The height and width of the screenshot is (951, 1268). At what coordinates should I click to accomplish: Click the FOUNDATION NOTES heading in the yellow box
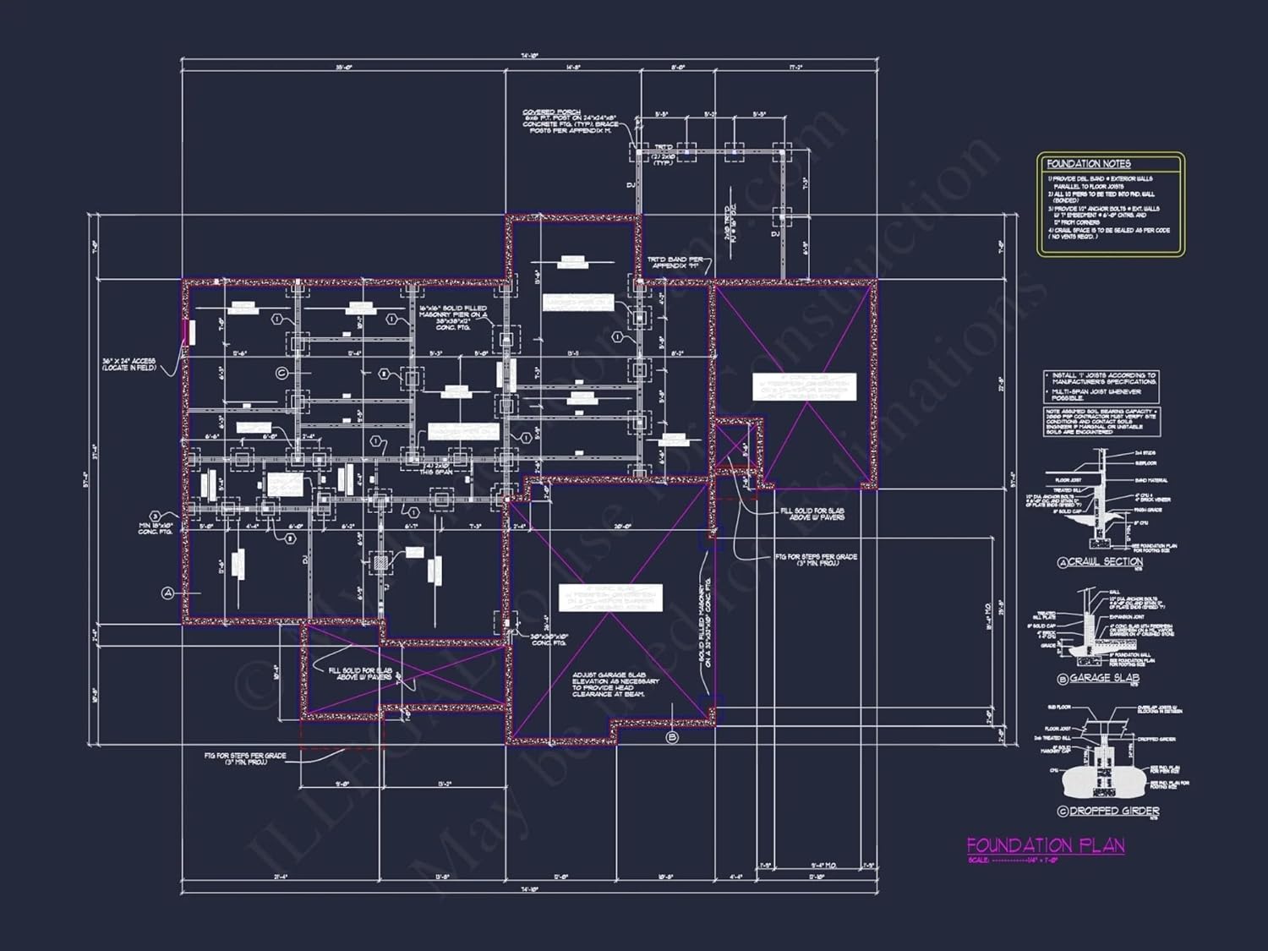click(1088, 164)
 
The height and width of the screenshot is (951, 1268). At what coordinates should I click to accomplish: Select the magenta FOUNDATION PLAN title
click(1046, 845)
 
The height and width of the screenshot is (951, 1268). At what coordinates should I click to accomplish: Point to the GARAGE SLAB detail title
click(1104, 678)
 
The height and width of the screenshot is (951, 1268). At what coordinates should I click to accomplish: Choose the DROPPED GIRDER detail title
click(1114, 811)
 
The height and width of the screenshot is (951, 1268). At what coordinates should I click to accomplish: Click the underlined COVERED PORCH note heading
click(551, 112)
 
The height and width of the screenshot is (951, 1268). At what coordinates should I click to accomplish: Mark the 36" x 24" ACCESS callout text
click(129, 364)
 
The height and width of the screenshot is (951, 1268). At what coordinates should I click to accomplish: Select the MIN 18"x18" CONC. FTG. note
click(156, 527)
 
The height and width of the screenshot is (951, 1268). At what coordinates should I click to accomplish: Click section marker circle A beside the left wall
click(167, 593)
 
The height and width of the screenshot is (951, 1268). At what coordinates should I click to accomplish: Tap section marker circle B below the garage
click(673, 737)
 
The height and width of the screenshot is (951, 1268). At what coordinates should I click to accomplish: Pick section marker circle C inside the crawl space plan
click(281, 373)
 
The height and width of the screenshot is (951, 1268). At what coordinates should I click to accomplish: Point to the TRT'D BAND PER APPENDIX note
click(675, 263)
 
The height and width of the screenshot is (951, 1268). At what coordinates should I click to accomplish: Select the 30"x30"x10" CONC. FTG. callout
click(549, 640)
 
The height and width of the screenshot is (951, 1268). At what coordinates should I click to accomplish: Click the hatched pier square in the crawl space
click(381, 561)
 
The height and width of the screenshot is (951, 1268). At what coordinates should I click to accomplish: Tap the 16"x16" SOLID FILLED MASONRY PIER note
click(453, 317)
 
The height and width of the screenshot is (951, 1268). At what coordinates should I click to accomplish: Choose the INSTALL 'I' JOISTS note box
click(1102, 384)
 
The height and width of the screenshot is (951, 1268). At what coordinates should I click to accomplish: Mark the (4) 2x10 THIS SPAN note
click(438, 469)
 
